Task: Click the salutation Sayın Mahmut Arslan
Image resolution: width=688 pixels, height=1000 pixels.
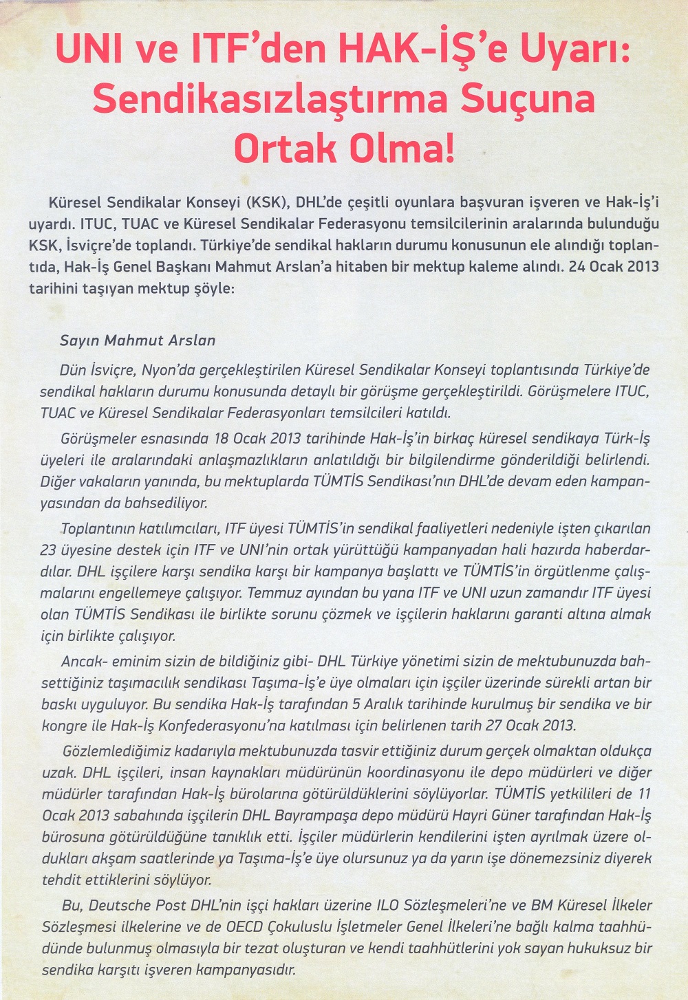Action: click(138, 340)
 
